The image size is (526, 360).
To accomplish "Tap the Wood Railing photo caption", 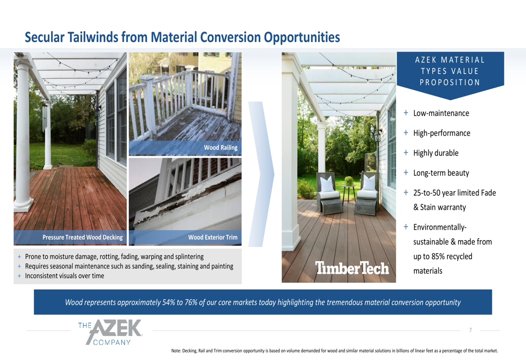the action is (x=221, y=148).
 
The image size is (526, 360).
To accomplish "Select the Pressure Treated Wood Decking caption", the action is (x=83, y=238).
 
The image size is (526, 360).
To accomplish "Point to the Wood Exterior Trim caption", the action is (x=213, y=238).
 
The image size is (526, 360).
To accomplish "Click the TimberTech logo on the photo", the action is (x=352, y=268).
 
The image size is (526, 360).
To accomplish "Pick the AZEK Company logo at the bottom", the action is (x=110, y=332).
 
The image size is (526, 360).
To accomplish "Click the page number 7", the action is (x=470, y=330).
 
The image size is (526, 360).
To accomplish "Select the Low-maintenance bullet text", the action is (x=441, y=114).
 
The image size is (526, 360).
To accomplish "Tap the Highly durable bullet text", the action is (x=436, y=153).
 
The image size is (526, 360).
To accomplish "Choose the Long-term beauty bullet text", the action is (x=441, y=173).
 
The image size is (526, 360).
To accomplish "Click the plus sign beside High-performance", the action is (x=406, y=133).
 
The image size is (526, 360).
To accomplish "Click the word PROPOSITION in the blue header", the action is (x=450, y=83).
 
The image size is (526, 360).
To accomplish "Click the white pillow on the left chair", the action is (x=327, y=184).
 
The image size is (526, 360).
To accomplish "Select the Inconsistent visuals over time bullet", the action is (x=64, y=276).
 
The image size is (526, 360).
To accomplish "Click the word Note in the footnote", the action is (x=176, y=351).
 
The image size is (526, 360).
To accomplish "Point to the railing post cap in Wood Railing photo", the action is (x=147, y=78).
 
